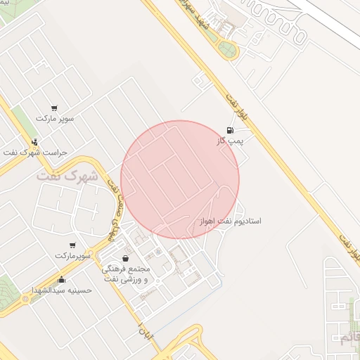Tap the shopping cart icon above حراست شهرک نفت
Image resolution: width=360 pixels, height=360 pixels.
(x=54, y=108)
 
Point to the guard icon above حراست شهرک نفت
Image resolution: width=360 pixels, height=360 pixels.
(x=34, y=141)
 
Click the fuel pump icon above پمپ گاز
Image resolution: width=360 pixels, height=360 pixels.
(x=230, y=130)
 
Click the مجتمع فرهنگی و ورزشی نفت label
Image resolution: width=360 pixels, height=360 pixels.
(x=126, y=274)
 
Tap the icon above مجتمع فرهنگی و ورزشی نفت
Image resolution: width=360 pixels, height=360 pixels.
(x=126, y=259)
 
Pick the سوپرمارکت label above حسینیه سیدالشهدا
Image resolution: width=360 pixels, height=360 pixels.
(x=73, y=255)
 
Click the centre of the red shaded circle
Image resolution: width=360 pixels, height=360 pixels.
(x=180, y=179)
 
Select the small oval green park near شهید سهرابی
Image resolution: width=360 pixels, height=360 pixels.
(x=227, y=49)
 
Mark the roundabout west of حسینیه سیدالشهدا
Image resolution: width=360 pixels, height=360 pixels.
(x=26, y=299)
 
